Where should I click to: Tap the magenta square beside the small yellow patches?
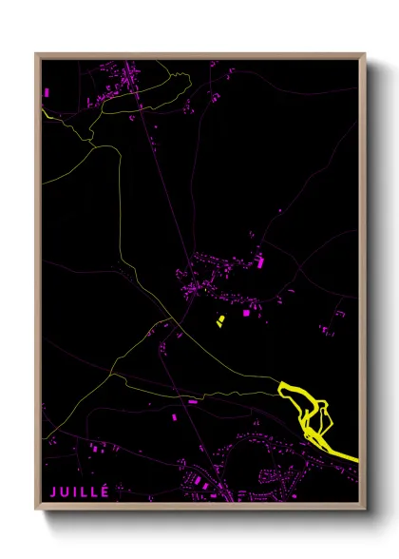[x=247, y=311]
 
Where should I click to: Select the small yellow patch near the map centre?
[x=221, y=318]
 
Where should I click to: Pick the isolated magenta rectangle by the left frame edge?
[x=47, y=91]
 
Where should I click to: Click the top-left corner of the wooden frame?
[x=36, y=54]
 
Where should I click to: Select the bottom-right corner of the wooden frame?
[x=366, y=509]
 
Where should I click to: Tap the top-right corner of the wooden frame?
[x=366, y=54]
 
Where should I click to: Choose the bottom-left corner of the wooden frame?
[x=36, y=509]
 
